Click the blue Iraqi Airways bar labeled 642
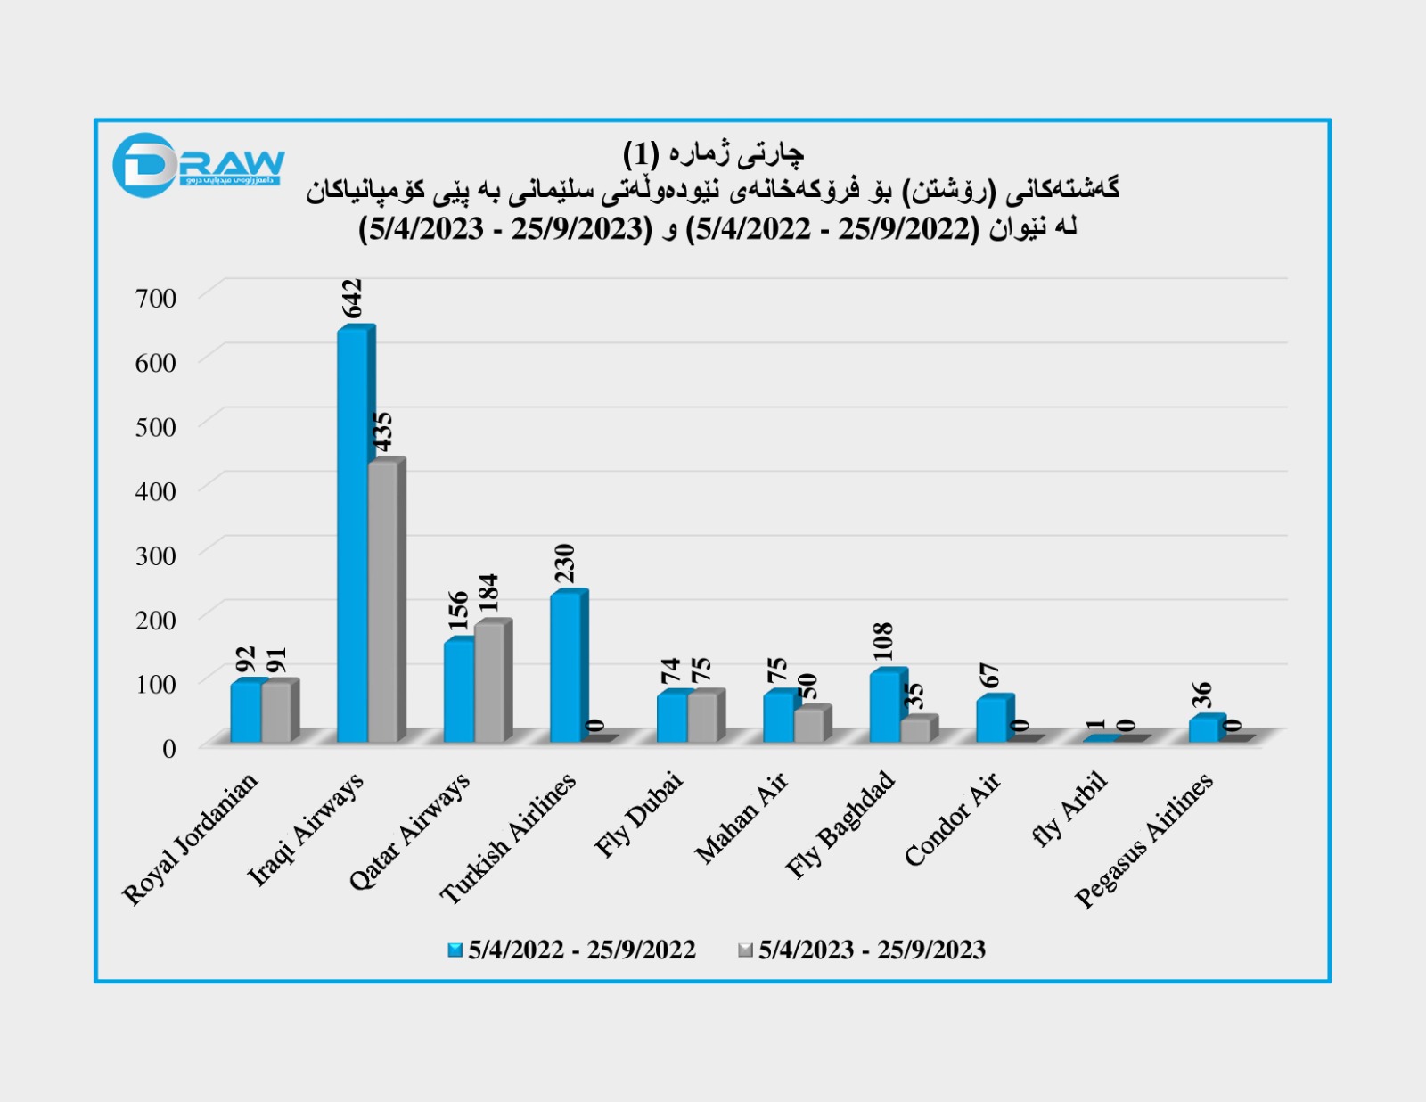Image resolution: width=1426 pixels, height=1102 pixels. (353, 535)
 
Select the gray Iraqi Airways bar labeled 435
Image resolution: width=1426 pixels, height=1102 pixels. (384, 602)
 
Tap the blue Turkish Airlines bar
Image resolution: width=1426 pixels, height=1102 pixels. (565, 667)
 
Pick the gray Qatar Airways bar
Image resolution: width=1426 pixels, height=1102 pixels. (490, 682)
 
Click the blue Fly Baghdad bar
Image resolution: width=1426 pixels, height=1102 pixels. (885, 706)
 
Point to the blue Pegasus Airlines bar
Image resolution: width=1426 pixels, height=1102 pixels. (1204, 729)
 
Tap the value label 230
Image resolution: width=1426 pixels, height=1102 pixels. (565, 563)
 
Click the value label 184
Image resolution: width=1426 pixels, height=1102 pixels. (488, 593)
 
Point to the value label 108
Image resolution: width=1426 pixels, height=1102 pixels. (883, 641)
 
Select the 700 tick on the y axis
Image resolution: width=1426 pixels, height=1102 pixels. (156, 298)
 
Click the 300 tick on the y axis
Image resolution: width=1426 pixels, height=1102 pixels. (156, 555)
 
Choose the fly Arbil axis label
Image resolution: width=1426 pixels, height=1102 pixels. (1069, 809)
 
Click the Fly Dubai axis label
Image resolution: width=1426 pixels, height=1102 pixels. (639, 815)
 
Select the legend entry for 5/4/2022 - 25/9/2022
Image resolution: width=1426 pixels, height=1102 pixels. (572, 950)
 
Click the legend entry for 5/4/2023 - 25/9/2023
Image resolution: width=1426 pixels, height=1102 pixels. (862, 950)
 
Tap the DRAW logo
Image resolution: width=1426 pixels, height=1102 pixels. (198, 165)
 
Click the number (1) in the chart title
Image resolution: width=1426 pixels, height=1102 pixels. (640, 154)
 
